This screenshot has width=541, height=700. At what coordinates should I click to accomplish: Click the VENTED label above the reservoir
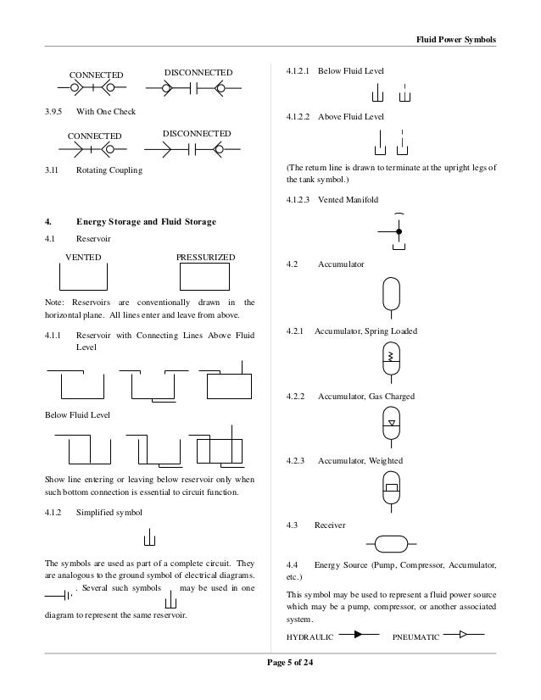84,257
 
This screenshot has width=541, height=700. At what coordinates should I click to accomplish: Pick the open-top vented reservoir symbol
83,279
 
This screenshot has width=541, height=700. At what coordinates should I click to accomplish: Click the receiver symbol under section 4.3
392,543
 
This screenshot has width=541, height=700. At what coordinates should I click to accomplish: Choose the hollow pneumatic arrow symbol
462,633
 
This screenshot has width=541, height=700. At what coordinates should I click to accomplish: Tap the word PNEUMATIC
416,636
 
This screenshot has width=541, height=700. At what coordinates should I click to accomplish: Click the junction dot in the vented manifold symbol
399,230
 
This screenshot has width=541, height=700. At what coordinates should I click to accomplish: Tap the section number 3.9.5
53,111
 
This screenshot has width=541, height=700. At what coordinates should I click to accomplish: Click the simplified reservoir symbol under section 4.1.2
149,538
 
